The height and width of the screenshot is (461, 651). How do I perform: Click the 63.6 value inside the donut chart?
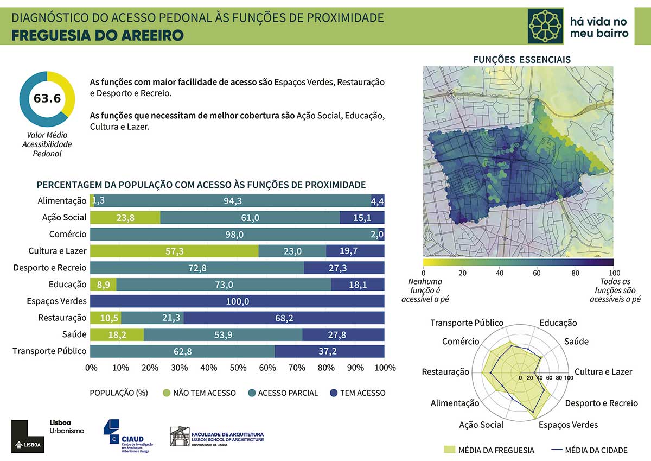pyautogui.click(x=47, y=98)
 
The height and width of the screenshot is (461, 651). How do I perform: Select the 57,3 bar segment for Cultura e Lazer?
pyautogui.click(x=174, y=251)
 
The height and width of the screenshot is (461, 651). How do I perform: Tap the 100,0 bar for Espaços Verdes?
pyautogui.click(x=237, y=301)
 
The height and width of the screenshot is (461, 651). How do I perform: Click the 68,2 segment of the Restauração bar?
pyautogui.click(x=284, y=318)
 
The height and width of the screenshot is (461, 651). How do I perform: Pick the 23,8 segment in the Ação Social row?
pyautogui.click(x=125, y=217)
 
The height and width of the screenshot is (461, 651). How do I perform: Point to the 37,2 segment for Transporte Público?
pyautogui.click(x=329, y=351)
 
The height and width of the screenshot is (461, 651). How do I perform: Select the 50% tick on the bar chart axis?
pyautogui.click(x=238, y=368)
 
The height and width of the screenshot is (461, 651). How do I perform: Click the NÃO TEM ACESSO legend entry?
pyautogui.click(x=204, y=393)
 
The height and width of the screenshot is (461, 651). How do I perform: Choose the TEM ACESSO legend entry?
pyautogui.click(x=362, y=393)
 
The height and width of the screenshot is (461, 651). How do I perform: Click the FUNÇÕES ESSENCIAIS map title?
pyautogui.click(x=522, y=59)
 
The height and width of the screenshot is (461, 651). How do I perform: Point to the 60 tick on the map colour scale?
pyautogui.click(x=537, y=273)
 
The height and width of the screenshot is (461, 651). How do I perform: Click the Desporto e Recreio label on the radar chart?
pyautogui.click(x=601, y=403)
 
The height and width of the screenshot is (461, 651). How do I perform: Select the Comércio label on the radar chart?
pyautogui.click(x=461, y=342)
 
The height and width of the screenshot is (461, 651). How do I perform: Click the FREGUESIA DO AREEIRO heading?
pyautogui.click(x=98, y=35)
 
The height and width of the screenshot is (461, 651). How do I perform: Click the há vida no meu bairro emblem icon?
pyautogui.click(x=546, y=26)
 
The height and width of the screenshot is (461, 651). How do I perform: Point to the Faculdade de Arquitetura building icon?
pyautogui.click(x=180, y=437)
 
